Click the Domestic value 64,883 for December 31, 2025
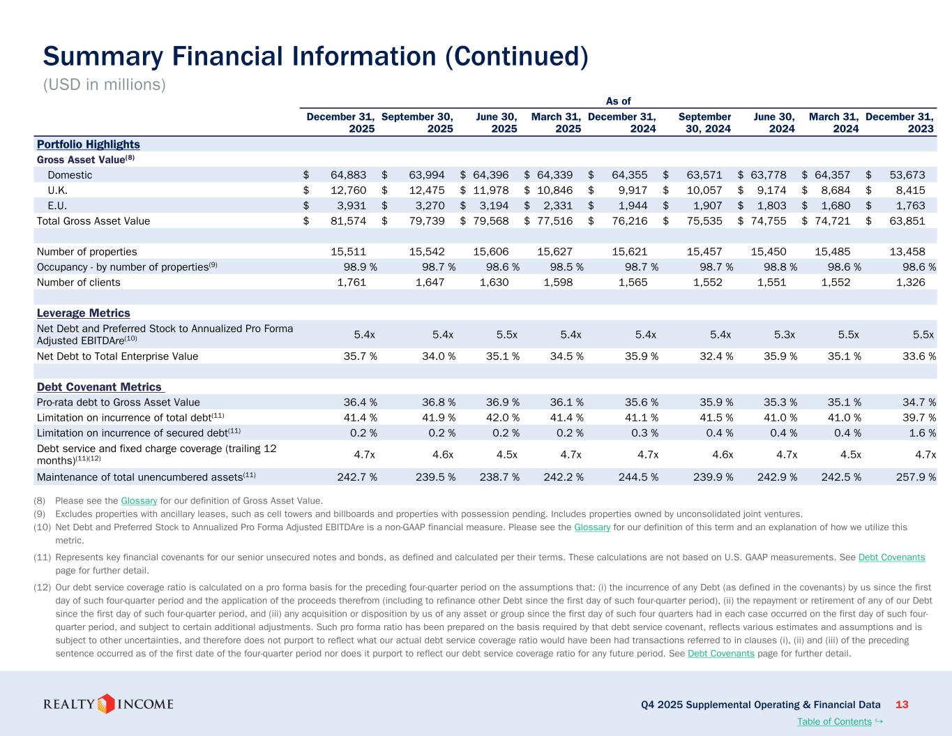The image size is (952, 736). (348, 175)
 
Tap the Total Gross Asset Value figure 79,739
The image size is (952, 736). (427, 221)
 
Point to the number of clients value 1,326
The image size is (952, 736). (911, 283)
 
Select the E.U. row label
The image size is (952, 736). (57, 206)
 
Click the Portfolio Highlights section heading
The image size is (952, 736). (88, 144)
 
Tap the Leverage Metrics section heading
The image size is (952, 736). (83, 313)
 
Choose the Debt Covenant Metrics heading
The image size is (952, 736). (98, 387)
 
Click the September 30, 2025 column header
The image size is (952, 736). (418, 123)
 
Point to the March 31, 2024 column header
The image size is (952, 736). (833, 123)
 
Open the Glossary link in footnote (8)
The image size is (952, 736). (139, 501)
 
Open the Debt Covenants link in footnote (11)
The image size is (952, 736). (891, 557)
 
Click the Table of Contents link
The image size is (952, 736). (833, 721)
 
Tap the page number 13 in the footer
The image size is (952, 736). (902, 705)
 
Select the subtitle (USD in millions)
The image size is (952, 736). (105, 84)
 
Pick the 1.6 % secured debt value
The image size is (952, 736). (914, 433)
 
